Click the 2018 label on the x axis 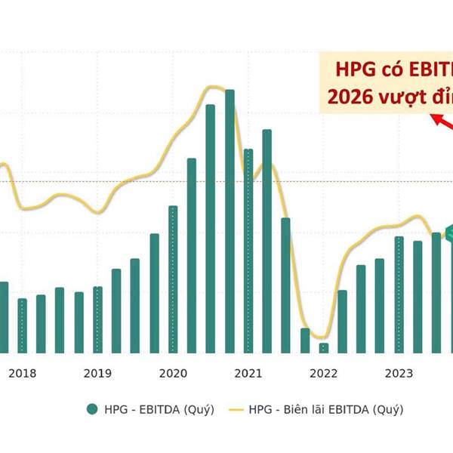point(23,373)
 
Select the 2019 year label point(97,373)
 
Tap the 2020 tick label point(173,373)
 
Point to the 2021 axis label point(248,373)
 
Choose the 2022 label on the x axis point(324,373)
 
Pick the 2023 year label point(399,373)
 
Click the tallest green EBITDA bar point(230,220)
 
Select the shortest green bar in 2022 point(324,347)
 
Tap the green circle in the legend point(93,409)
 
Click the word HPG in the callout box point(353,70)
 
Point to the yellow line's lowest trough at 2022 point(321,337)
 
